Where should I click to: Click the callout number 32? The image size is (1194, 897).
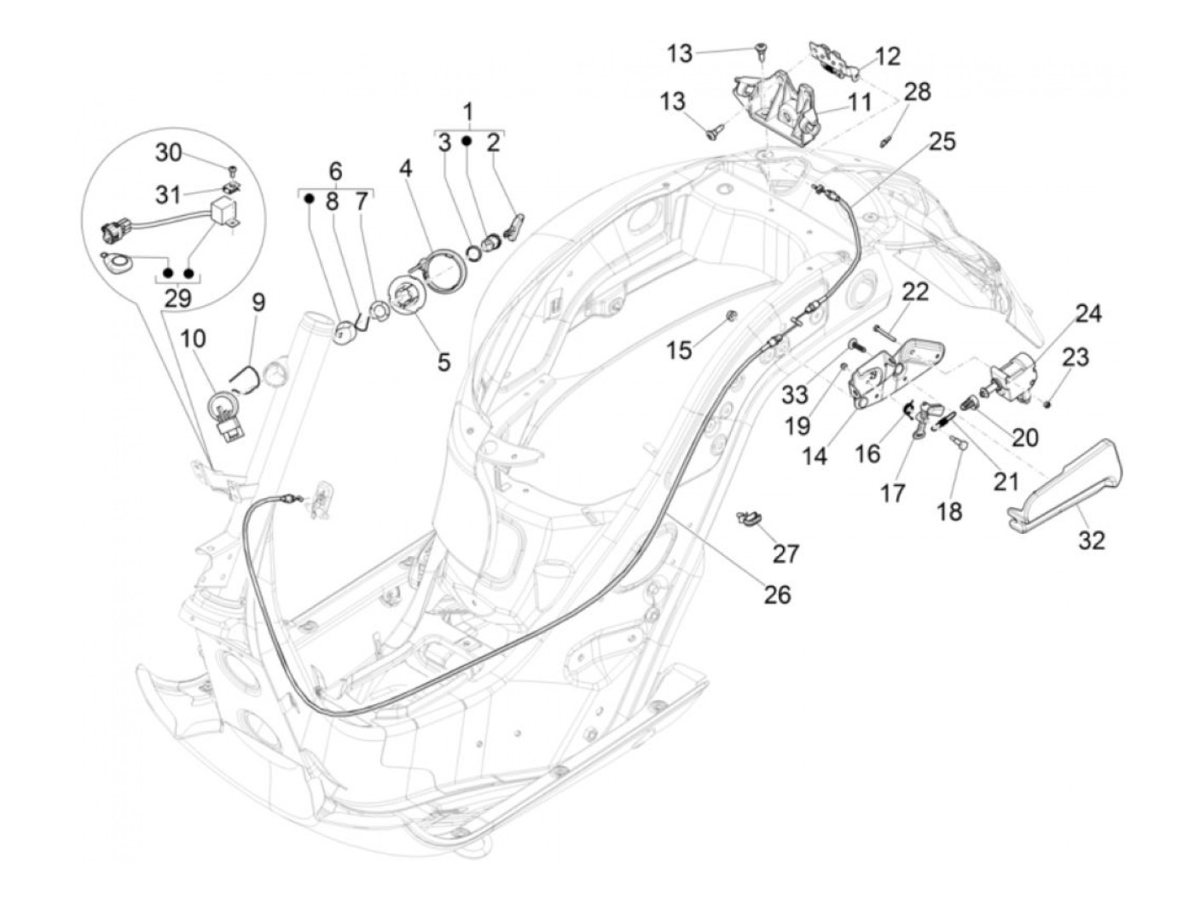1093,540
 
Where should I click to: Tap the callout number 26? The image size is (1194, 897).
777,593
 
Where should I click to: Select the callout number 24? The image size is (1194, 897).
1088,314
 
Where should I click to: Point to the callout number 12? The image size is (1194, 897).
887,56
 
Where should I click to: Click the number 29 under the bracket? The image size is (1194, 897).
178,298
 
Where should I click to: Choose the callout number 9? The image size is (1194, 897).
258,302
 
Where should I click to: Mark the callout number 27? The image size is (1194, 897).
785,553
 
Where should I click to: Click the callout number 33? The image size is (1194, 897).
795,394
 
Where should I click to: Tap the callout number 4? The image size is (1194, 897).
405,168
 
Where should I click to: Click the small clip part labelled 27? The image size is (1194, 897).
750,518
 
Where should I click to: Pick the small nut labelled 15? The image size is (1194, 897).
732,318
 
